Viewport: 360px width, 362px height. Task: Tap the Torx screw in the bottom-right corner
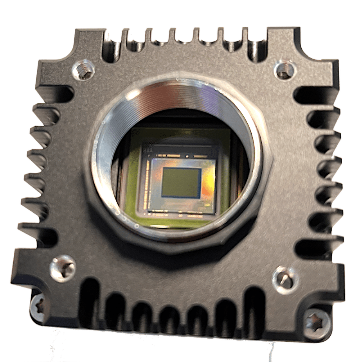(315, 322)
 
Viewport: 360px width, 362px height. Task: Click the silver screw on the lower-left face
(63, 268)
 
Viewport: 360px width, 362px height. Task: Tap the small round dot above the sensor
(187, 156)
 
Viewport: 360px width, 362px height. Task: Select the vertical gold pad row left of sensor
(148, 184)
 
